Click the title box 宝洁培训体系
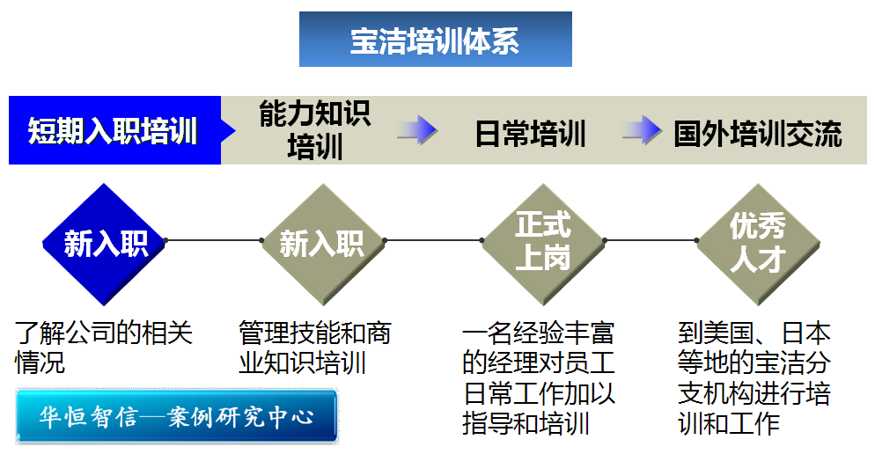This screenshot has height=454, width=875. [x=435, y=40]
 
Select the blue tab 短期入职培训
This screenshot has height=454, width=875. [x=113, y=131]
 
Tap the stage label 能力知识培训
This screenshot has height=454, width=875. [x=314, y=130]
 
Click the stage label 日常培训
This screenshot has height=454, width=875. [x=530, y=134]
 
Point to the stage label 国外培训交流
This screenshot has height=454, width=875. [x=757, y=134]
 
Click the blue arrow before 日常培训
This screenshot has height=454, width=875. [x=416, y=130]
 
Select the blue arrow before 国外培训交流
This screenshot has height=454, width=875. [x=642, y=130]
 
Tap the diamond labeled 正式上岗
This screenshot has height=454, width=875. [x=543, y=240]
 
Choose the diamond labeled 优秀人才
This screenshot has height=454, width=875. [x=757, y=240]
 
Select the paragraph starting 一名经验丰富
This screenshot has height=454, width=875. [x=538, y=377]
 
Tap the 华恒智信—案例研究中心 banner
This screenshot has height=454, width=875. [x=177, y=416]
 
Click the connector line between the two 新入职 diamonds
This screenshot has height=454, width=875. [x=213, y=239]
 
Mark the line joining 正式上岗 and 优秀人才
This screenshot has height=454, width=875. [x=650, y=239]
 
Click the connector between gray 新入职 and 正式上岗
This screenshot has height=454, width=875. [x=434, y=239]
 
